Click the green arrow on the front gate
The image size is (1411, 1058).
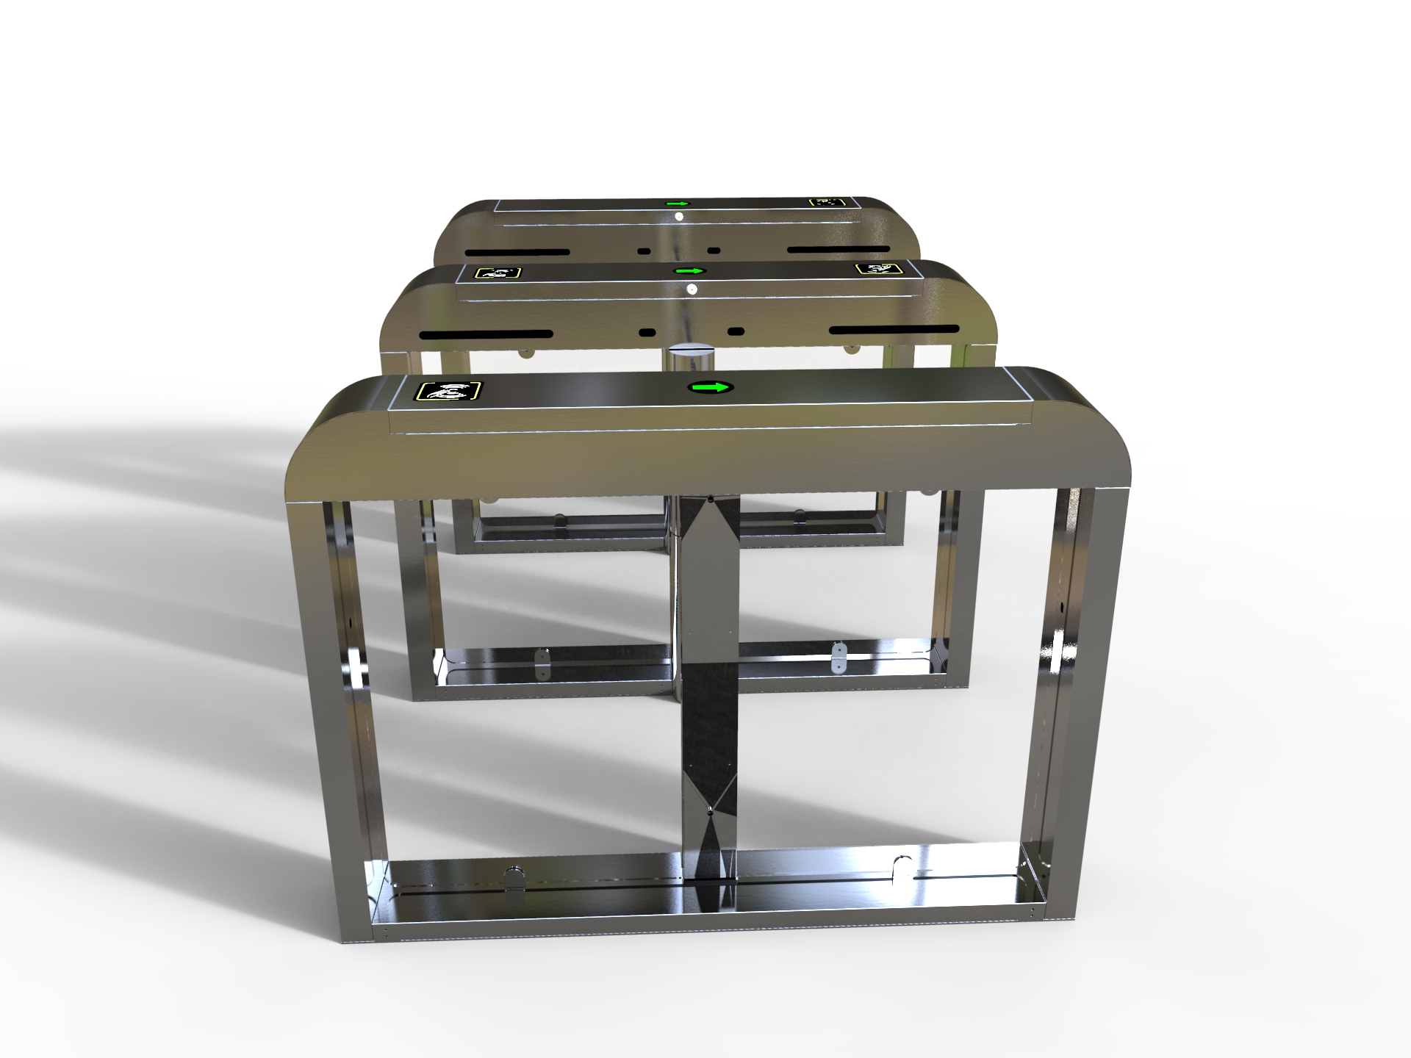click(x=711, y=387)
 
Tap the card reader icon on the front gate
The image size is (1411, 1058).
click(x=449, y=391)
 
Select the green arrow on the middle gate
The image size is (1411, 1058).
click(x=690, y=271)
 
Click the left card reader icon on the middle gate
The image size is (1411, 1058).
click(x=498, y=273)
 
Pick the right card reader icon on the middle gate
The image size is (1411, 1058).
click(x=877, y=269)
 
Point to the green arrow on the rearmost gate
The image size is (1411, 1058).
click(x=677, y=204)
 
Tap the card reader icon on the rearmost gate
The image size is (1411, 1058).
click(x=827, y=201)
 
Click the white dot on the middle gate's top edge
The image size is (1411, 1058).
click(x=691, y=290)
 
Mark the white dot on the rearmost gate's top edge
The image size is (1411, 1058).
click(x=678, y=217)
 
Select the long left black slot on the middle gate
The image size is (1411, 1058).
click(x=486, y=334)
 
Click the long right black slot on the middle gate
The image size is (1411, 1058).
click(x=894, y=329)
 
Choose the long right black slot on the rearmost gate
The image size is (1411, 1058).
click(x=839, y=248)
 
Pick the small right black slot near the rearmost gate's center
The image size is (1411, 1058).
click(x=713, y=250)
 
